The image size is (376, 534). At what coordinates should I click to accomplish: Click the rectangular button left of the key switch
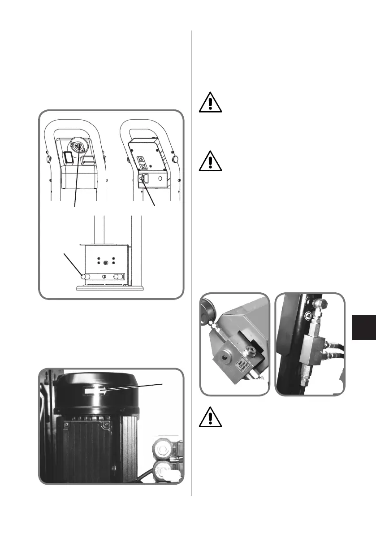pyautogui.click(x=68, y=157)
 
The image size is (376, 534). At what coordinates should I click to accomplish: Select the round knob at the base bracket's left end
pyautogui.click(x=83, y=277)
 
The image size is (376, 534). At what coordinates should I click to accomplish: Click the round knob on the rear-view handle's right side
pyautogui.click(x=176, y=158)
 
